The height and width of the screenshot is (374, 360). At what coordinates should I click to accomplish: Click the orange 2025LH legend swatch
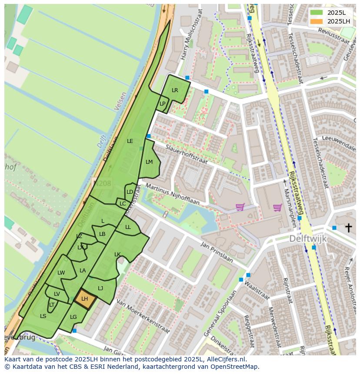point(317,21)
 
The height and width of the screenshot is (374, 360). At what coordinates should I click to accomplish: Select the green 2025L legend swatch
point(317,13)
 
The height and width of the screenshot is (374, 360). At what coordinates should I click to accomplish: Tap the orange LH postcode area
point(84,299)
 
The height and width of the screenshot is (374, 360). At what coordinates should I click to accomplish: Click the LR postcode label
point(175,90)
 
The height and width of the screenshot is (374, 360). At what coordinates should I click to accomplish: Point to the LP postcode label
point(162,104)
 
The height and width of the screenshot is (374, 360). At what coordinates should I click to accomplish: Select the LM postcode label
point(149,162)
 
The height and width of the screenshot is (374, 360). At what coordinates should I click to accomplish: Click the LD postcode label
point(130,192)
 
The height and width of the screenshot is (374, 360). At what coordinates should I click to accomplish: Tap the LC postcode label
point(123,204)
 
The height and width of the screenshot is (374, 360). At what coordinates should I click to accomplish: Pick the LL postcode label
point(128,227)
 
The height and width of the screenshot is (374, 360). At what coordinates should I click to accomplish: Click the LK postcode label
point(117,255)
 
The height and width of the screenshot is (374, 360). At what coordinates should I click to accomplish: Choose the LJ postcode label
point(100,288)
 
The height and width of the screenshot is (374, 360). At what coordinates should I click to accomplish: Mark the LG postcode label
point(73,317)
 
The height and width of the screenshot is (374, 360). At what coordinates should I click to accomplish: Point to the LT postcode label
point(52,305)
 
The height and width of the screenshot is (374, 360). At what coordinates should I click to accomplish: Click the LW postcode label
point(61,273)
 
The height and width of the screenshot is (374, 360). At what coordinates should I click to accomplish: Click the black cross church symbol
point(348,228)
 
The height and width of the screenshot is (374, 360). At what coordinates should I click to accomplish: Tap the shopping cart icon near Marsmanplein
point(277,207)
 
